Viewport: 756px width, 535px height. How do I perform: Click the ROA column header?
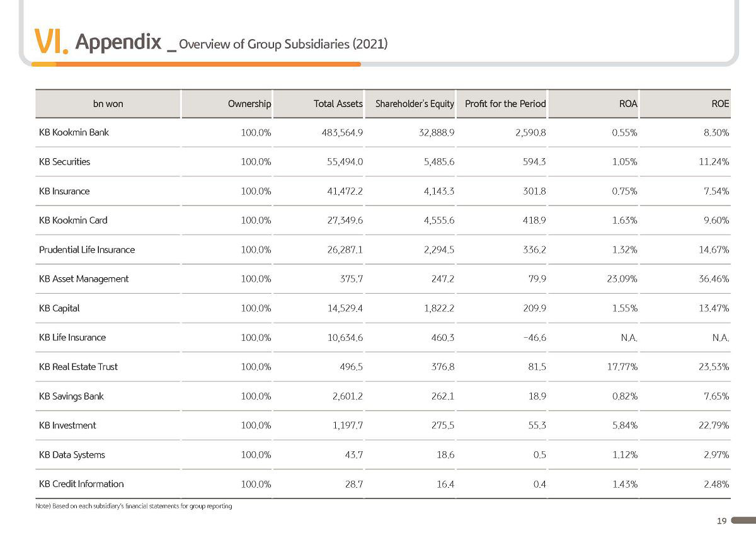[x=628, y=103]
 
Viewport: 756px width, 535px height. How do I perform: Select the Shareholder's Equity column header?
[x=415, y=104]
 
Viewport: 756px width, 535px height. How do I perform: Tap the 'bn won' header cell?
[x=108, y=103]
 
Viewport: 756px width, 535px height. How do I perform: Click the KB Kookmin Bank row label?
[x=74, y=132]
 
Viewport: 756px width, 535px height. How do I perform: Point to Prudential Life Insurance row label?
[x=87, y=250]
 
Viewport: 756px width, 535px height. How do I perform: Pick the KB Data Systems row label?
[x=72, y=455]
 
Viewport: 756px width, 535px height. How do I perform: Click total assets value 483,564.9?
[x=342, y=133]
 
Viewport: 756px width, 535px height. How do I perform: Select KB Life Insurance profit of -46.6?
[x=535, y=338]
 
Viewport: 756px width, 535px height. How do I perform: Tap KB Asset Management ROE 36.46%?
[x=714, y=279]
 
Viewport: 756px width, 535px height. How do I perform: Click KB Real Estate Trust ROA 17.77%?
[x=622, y=367]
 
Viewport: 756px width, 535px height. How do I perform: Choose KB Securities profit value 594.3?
[x=534, y=162]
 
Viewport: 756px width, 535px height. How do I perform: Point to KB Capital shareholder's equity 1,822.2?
[x=439, y=308]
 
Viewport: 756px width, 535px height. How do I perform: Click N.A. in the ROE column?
[x=721, y=338]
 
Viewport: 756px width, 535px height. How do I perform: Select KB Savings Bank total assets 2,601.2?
[x=348, y=396]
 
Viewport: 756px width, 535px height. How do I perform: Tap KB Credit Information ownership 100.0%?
[x=256, y=484]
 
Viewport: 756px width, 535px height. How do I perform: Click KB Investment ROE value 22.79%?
[x=714, y=425]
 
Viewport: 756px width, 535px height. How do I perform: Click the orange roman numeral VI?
[x=51, y=41]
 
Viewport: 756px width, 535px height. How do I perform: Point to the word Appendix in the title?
[x=118, y=42]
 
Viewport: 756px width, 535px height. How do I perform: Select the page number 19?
[x=722, y=521]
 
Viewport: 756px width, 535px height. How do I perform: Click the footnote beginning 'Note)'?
[x=134, y=506]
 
